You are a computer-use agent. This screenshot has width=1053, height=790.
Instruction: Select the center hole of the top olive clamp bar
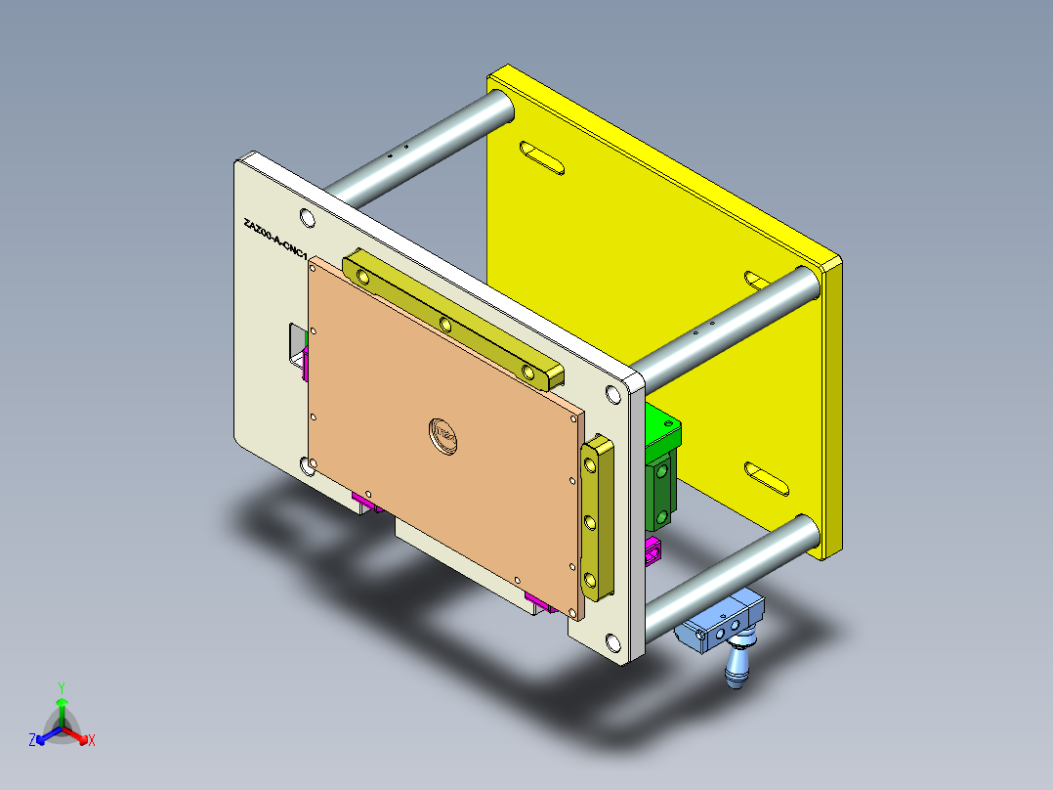click(x=444, y=324)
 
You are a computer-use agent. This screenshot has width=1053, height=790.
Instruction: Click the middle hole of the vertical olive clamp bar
click(x=592, y=522)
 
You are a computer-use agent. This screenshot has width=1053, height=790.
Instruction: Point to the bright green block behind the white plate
click(x=664, y=430)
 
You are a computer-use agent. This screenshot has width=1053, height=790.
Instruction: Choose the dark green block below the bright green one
click(x=661, y=494)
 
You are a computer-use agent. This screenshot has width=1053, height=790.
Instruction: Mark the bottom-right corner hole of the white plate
click(x=612, y=642)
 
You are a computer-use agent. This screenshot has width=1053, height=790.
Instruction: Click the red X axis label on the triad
click(x=91, y=740)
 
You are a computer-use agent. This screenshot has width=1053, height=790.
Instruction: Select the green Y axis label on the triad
click(x=61, y=687)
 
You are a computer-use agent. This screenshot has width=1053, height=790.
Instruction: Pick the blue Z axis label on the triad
click(x=32, y=740)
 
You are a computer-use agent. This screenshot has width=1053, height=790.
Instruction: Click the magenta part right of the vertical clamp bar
click(x=652, y=552)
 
